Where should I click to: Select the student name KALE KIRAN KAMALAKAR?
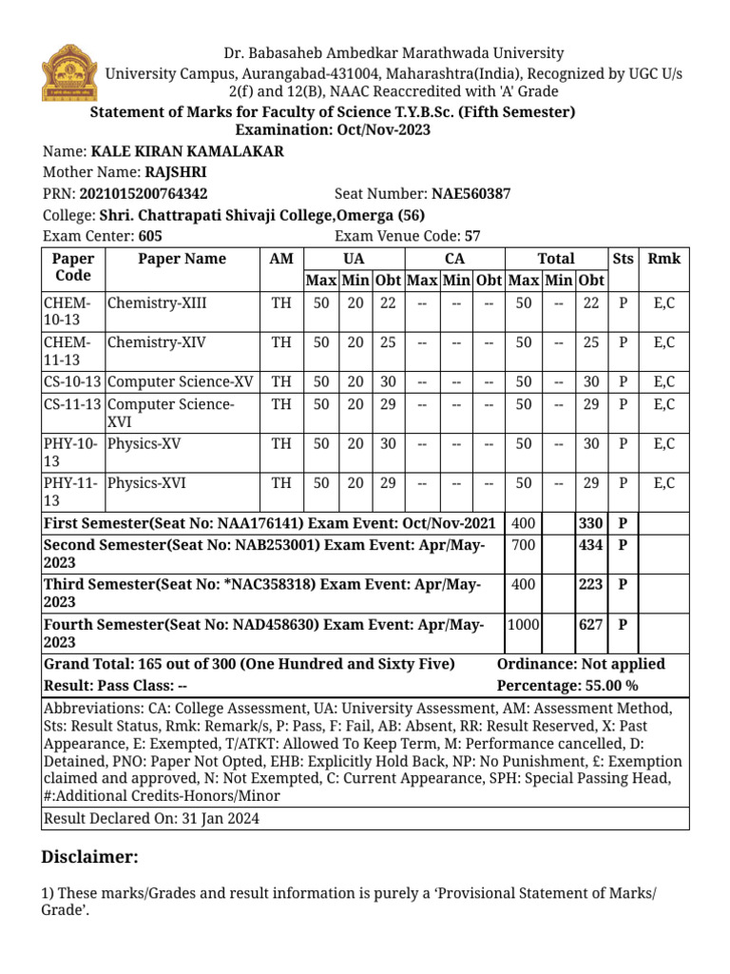coord(186,151)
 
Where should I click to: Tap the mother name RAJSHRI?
coord(175,172)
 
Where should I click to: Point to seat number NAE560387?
coord(471,193)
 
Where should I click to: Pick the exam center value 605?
coord(151,236)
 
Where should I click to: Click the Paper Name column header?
coord(182,259)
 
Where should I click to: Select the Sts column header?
coord(623,259)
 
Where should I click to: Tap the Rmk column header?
coord(663,259)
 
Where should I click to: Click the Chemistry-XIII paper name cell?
coord(157,304)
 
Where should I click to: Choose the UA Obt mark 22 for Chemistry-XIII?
coord(387,304)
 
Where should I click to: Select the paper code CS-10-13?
coord(72,381)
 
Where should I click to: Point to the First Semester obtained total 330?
coord(590,524)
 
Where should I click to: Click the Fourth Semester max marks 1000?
coord(523,624)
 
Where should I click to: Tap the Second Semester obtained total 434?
coord(590,545)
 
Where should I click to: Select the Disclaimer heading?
coord(90,857)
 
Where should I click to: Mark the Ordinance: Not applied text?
coord(581,664)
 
